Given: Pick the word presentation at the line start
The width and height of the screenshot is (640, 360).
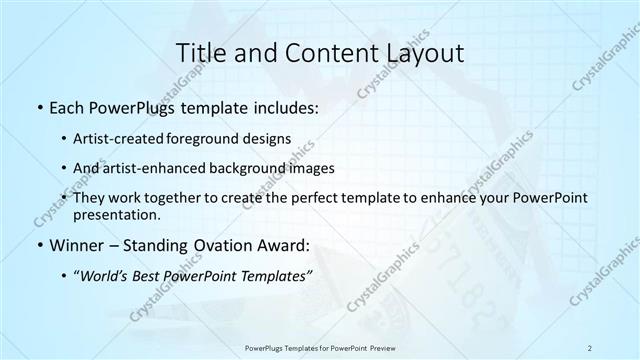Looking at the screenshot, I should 116,214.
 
